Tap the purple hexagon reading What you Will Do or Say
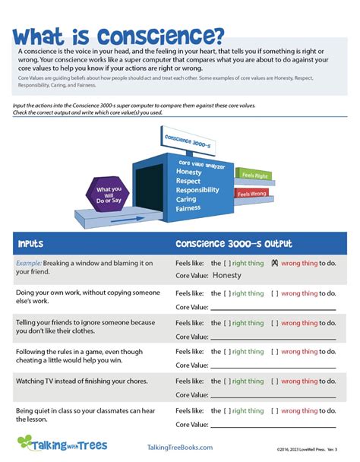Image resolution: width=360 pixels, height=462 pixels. [x=109, y=194]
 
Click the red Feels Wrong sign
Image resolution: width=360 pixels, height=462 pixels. [x=254, y=194]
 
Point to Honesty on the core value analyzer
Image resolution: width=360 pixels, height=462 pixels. [x=189, y=172]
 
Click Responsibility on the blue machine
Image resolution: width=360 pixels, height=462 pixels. [x=202, y=190]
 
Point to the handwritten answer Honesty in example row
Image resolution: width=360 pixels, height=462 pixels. [x=227, y=275]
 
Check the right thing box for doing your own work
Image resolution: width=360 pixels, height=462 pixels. [x=227, y=293]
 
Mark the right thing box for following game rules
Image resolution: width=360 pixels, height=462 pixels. [x=227, y=352]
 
